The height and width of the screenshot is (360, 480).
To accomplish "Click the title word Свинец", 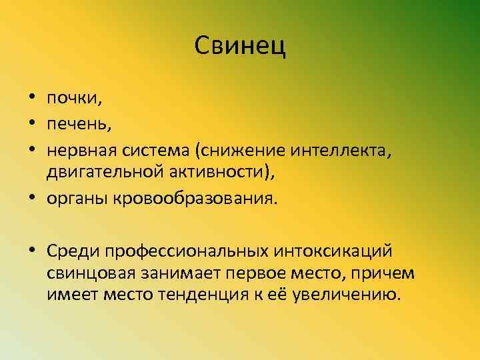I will [240, 46].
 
